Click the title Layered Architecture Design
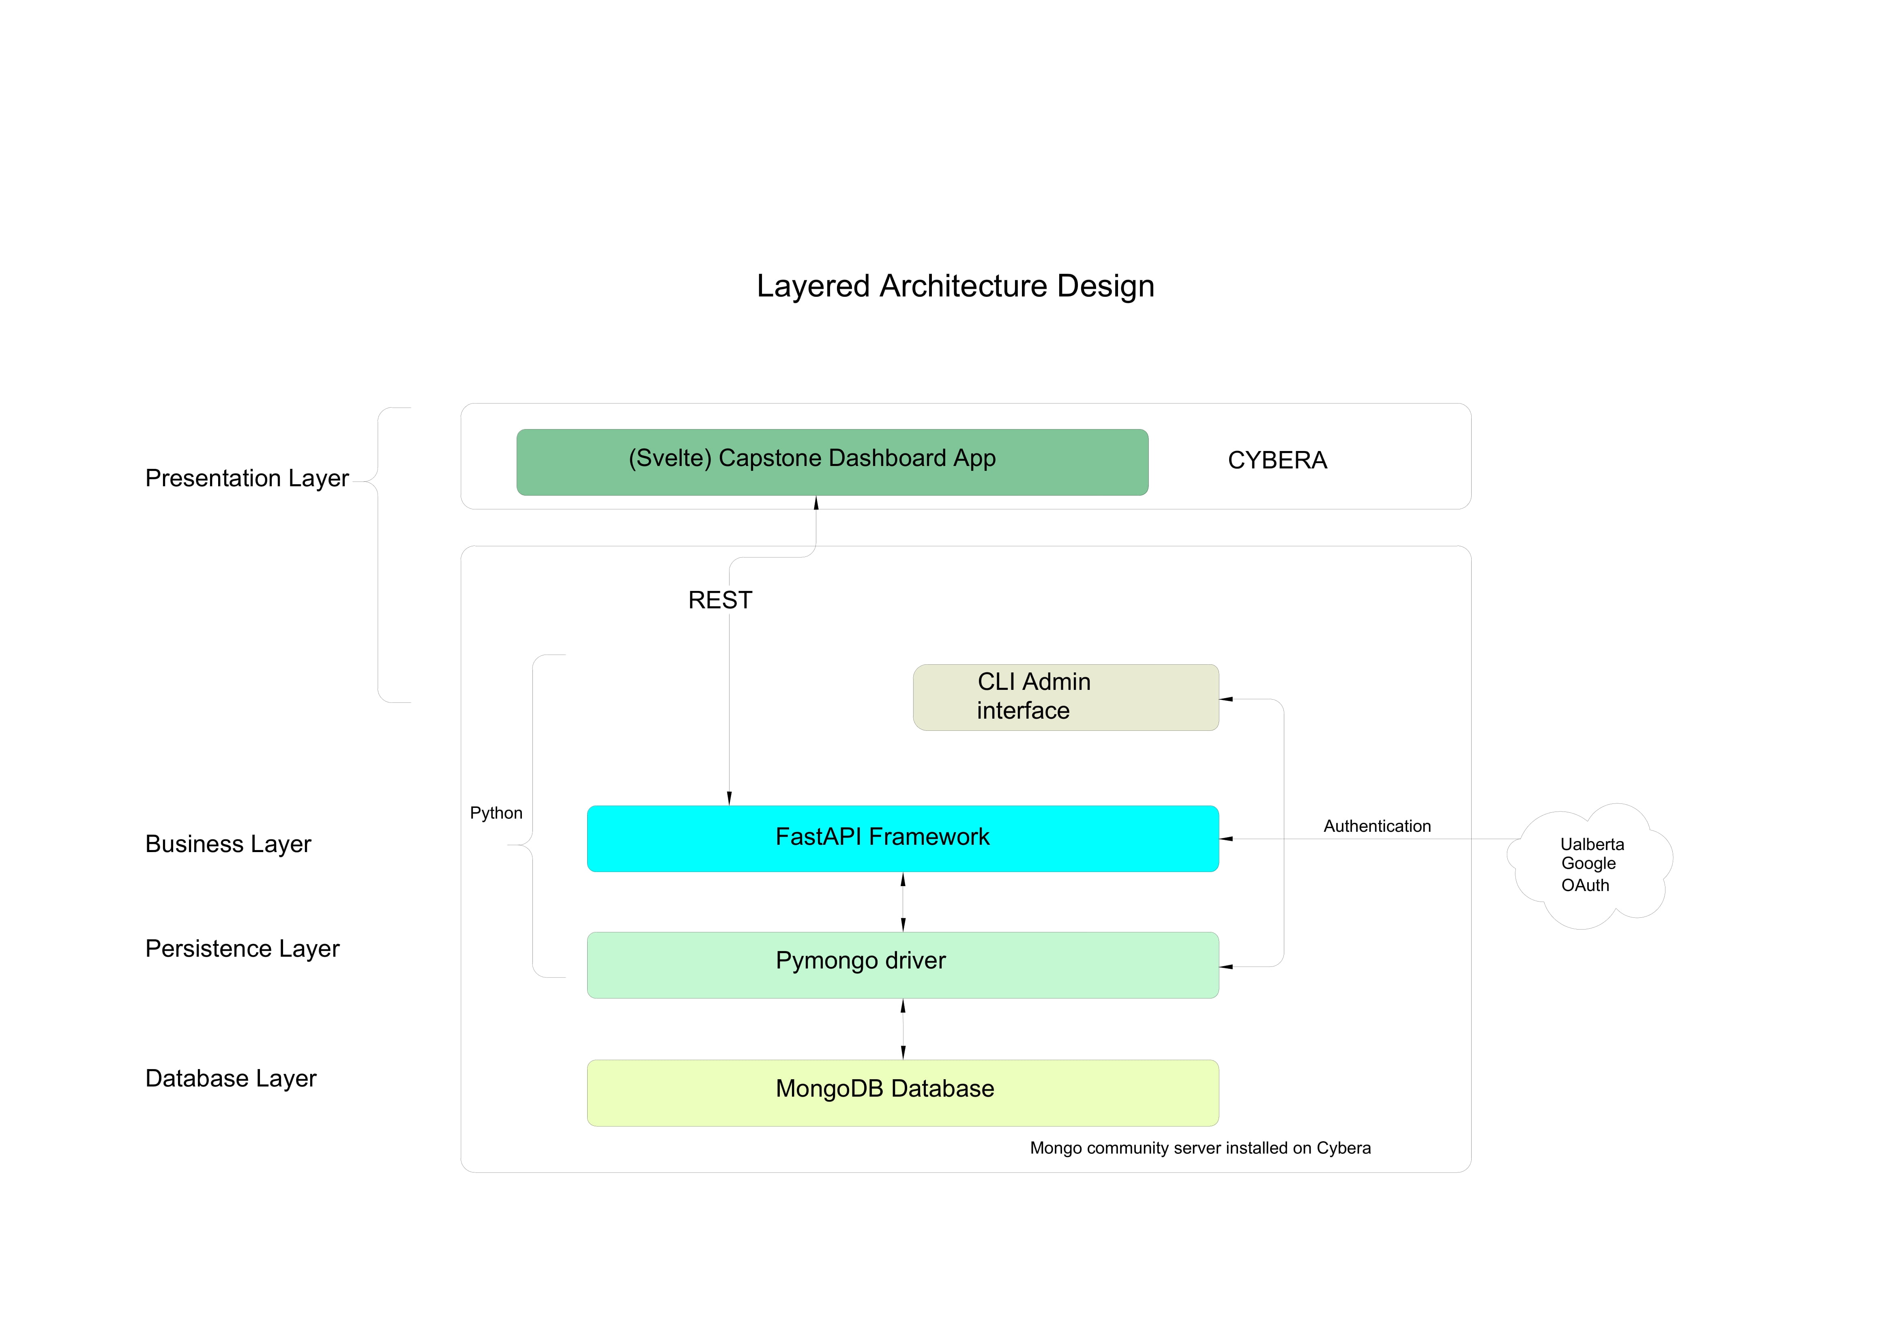955,286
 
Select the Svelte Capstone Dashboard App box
832,462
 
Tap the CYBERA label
1277,460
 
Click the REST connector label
720,600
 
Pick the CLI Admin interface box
1066,698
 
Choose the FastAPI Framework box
903,839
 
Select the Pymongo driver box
903,965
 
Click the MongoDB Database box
903,1093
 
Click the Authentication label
1377,827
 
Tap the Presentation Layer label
247,479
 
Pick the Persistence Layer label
242,949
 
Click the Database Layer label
230,1078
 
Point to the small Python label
496,813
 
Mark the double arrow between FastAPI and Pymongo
903,902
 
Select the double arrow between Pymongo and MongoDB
903,1029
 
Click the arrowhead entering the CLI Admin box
1226,699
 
